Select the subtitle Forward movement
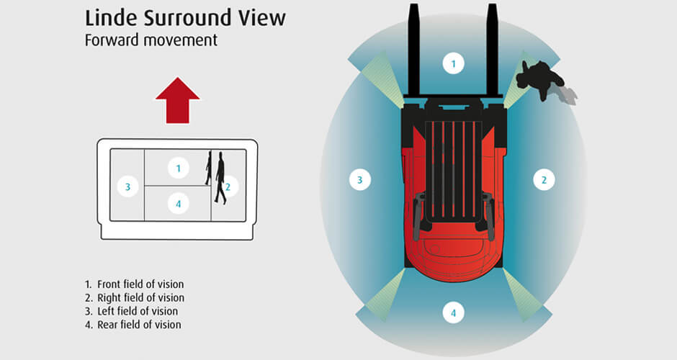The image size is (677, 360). (x=151, y=40)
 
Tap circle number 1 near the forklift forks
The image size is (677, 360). (x=453, y=63)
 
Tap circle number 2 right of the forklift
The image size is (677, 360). (x=544, y=180)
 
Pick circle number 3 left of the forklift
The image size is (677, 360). (x=360, y=180)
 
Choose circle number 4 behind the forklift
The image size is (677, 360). (x=453, y=313)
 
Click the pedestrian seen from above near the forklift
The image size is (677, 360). (x=540, y=78)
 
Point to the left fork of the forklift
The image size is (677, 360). (x=414, y=50)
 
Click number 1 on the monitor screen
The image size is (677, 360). (x=178, y=168)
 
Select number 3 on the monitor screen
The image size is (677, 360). (x=127, y=187)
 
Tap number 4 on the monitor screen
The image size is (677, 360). (x=178, y=204)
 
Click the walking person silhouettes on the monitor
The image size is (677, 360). (x=216, y=177)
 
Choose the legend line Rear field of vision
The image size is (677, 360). (x=133, y=325)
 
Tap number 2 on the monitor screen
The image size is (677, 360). (x=228, y=187)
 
